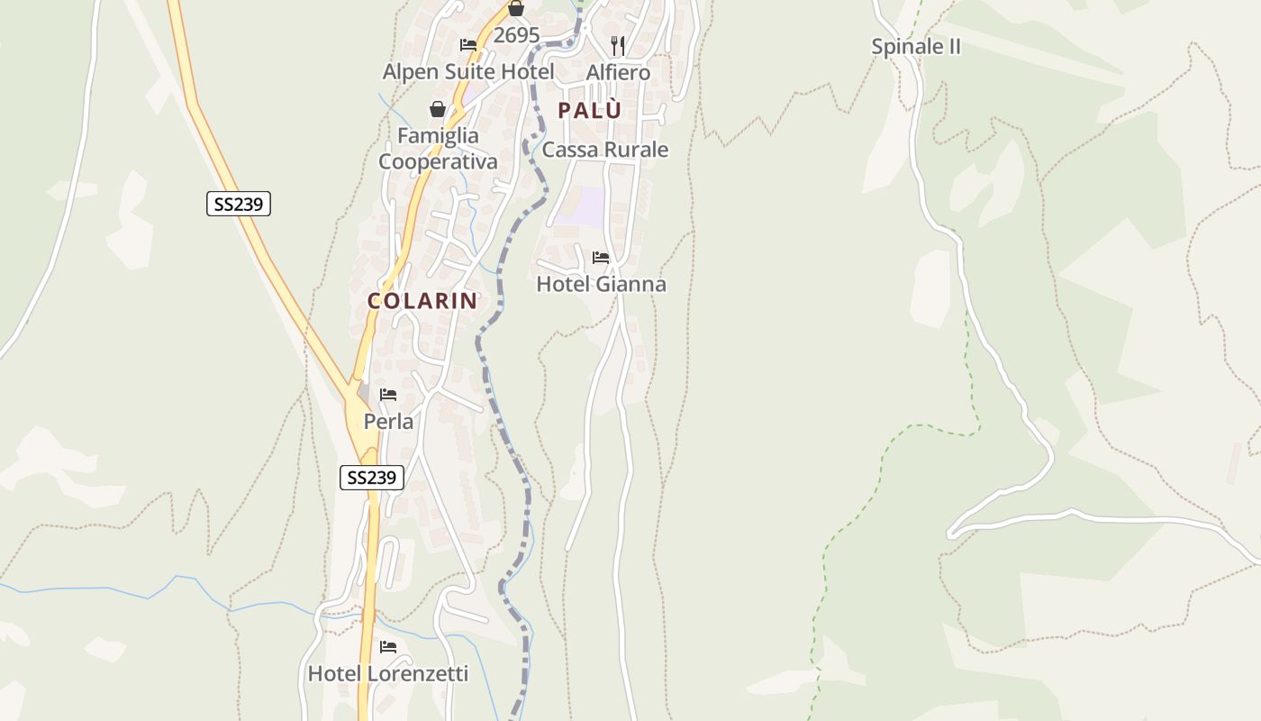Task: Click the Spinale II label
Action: click(916, 47)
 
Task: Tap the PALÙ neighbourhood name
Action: click(590, 111)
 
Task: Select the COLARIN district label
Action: click(422, 301)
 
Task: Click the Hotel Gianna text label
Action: click(601, 285)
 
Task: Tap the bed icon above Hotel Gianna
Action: click(601, 258)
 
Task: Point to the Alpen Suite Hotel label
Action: click(468, 72)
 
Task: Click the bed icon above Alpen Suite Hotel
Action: click(468, 45)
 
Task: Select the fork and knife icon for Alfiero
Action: click(618, 45)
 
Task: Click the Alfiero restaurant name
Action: click(618, 72)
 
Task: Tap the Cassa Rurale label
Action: click(605, 150)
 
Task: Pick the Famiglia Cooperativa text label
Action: click(438, 149)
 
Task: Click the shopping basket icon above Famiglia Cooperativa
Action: click(438, 109)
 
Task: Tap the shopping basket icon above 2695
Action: click(516, 9)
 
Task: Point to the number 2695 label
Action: click(516, 36)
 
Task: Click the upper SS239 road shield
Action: click(239, 204)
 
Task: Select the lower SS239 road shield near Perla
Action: click(372, 478)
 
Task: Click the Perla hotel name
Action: click(388, 422)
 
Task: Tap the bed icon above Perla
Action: click(388, 395)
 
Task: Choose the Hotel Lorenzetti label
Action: click(388, 674)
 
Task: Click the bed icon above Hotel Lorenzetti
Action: click(388, 647)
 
